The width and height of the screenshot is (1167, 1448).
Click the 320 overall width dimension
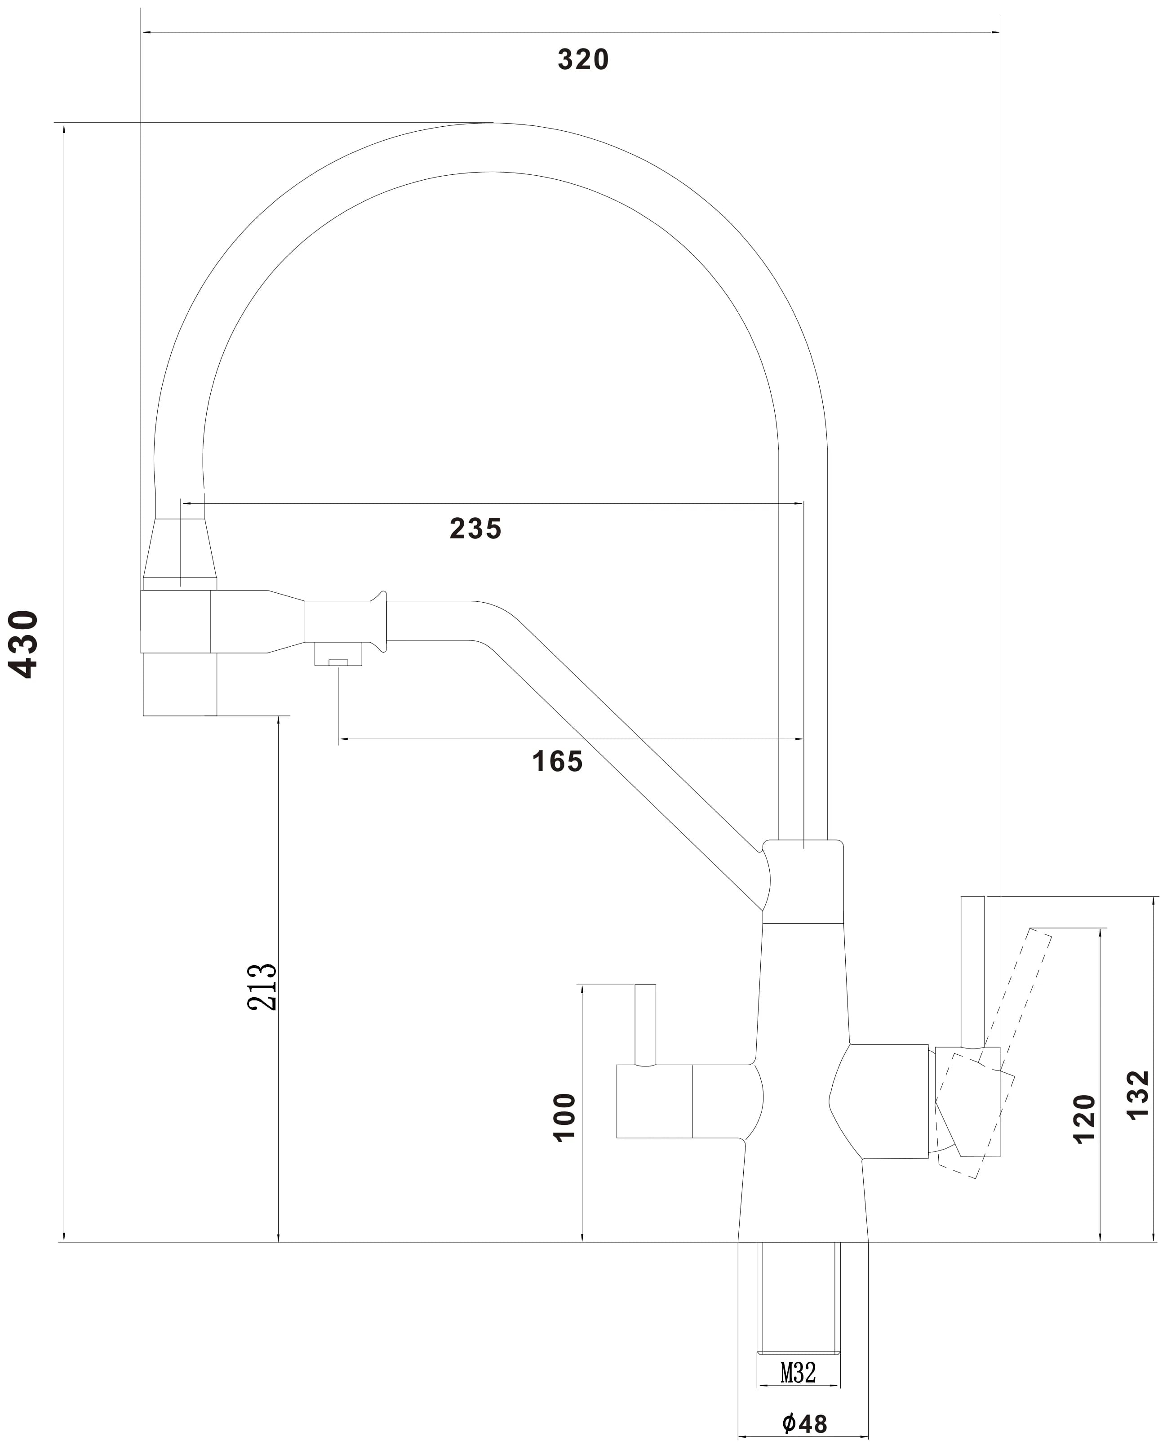[x=583, y=60]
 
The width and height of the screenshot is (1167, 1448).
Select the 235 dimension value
[x=475, y=529]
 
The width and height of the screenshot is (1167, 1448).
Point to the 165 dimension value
[x=557, y=762]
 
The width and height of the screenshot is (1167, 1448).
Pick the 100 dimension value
[x=565, y=1117]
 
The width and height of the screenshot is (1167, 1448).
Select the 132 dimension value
[x=1138, y=1095]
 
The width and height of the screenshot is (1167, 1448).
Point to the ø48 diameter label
[x=805, y=1423]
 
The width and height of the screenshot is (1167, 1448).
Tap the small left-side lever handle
[x=645, y=1025]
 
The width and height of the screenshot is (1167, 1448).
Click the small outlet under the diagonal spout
[x=338, y=653]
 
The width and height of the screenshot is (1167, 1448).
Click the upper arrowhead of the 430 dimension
[x=63, y=129]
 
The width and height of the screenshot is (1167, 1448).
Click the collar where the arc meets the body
[x=803, y=881]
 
